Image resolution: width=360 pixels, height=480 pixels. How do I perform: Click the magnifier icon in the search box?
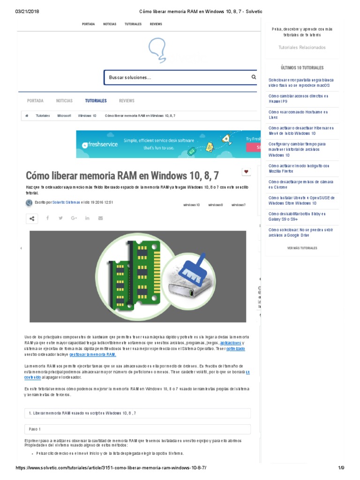coord(254,77)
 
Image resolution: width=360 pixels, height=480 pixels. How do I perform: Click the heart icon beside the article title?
coord(246,172)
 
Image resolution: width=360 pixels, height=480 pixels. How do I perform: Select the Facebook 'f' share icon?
coord(47,218)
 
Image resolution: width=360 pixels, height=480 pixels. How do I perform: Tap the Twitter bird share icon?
coord(60,218)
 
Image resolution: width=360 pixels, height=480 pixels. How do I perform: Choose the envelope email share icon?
coord(100,218)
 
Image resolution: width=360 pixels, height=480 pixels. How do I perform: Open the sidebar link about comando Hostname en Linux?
coord(298,115)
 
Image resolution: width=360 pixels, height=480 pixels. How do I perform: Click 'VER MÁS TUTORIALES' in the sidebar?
coord(302,248)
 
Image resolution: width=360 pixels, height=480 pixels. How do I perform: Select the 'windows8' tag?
coord(216,205)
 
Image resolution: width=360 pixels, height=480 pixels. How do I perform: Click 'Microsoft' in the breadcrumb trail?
coord(64,115)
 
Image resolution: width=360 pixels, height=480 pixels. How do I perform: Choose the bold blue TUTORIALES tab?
coord(96,101)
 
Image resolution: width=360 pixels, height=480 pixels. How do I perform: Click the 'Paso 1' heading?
coord(35,429)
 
